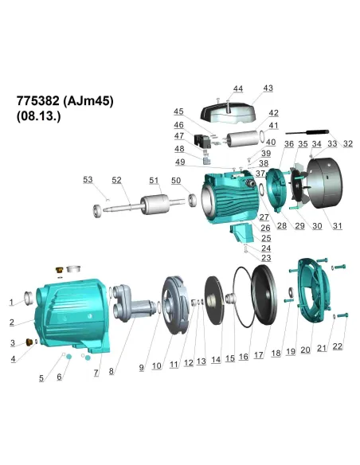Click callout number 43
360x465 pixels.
[x=268, y=88]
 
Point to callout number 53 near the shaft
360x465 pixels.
[x=88, y=181]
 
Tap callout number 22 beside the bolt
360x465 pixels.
[x=338, y=347]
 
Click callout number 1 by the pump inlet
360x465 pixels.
[x=12, y=303]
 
